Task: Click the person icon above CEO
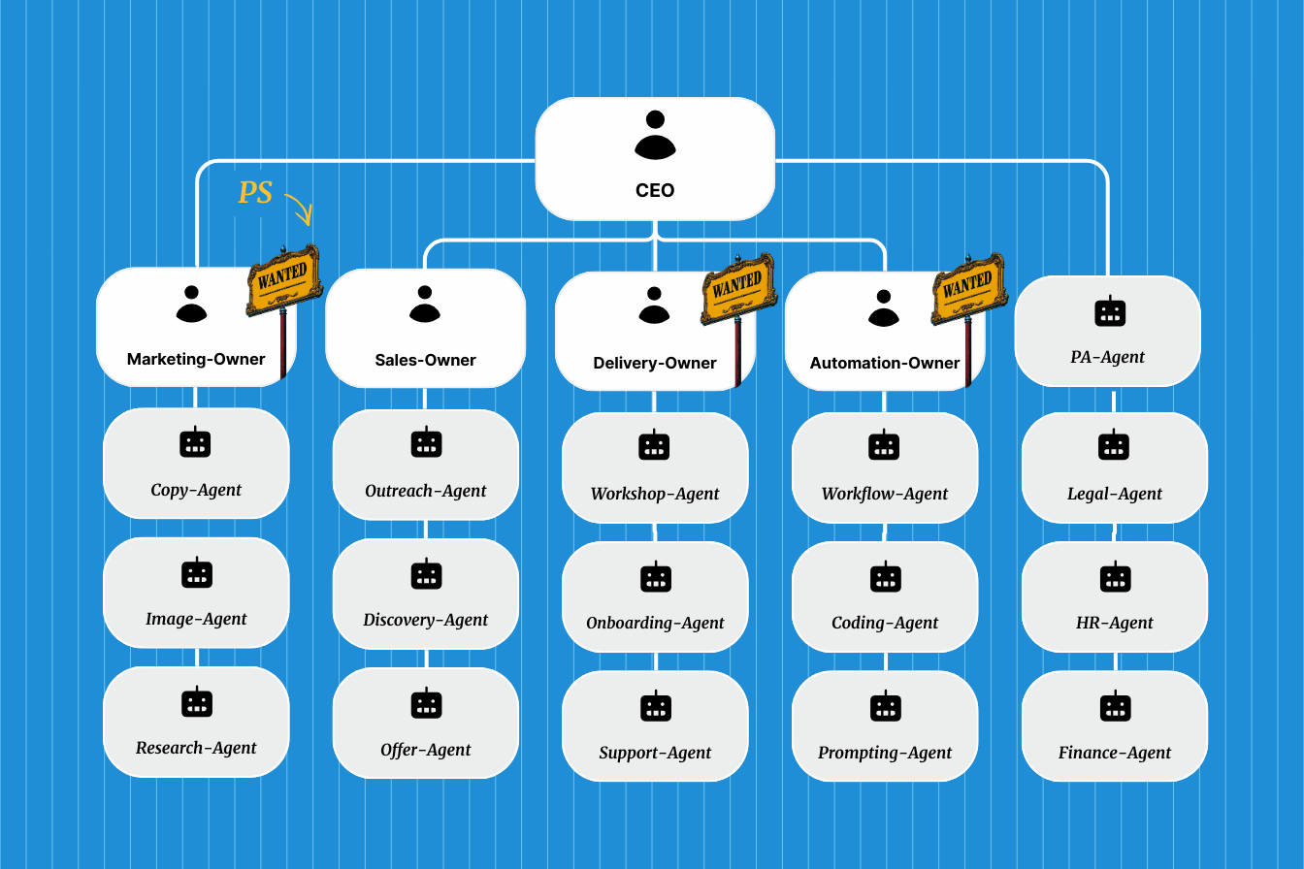[655, 135]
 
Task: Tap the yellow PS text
[255, 192]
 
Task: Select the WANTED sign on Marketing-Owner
[283, 279]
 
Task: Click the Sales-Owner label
[425, 360]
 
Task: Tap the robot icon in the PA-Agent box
[1109, 311]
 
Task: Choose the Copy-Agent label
[196, 490]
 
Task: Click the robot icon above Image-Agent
[196, 573]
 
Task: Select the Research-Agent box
[196, 722]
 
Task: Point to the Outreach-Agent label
[426, 491]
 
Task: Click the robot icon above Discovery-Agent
[426, 574]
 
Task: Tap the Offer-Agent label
[426, 750]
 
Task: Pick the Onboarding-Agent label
[655, 623]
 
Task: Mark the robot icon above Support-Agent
[655, 706]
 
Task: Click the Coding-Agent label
[885, 623]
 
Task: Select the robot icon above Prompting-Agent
[885, 706]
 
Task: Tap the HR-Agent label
[1115, 623]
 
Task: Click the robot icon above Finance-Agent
[1115, 706]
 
